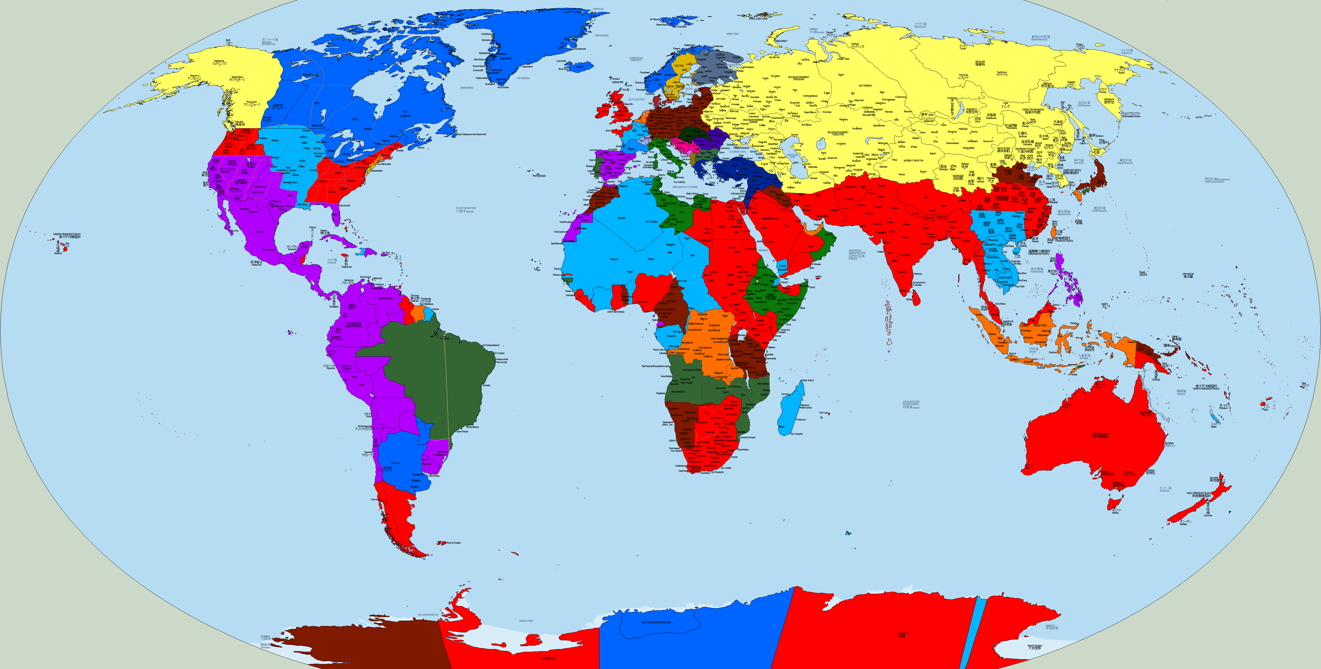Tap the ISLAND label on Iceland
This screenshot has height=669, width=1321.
tap(579, 66)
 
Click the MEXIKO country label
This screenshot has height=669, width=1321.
tap(259, 232)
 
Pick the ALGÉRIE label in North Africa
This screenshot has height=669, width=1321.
tap(621, 218)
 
